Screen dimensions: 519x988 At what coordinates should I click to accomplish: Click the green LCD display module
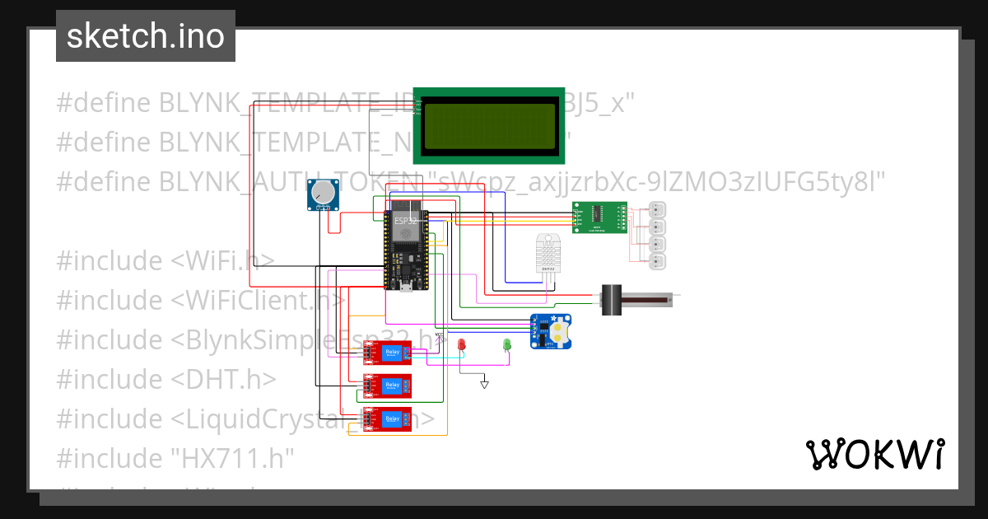click(x=489, y=124)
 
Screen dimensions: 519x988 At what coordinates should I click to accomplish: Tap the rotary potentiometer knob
click(x=324, y=194)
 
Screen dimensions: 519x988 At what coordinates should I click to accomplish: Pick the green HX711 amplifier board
click(x=599, y=217)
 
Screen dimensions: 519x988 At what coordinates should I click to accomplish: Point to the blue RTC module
click(x=551, y=332)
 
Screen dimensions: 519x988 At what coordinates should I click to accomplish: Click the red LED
click(x=462, y=344)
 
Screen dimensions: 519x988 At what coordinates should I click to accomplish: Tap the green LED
click(x=507, y=344)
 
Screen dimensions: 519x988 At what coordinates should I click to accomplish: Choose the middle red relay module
click(x=388, y=386)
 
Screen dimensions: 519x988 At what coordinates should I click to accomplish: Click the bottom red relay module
click(x=388, y=418)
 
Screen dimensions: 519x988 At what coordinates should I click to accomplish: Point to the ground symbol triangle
click(x=484, y=383)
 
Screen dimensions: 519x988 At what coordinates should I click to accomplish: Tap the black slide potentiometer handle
click(x=611, y=299)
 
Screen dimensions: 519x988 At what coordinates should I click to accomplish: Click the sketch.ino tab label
click(x=145, y=36)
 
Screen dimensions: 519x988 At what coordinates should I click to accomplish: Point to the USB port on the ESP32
click(x=406, y=287)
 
